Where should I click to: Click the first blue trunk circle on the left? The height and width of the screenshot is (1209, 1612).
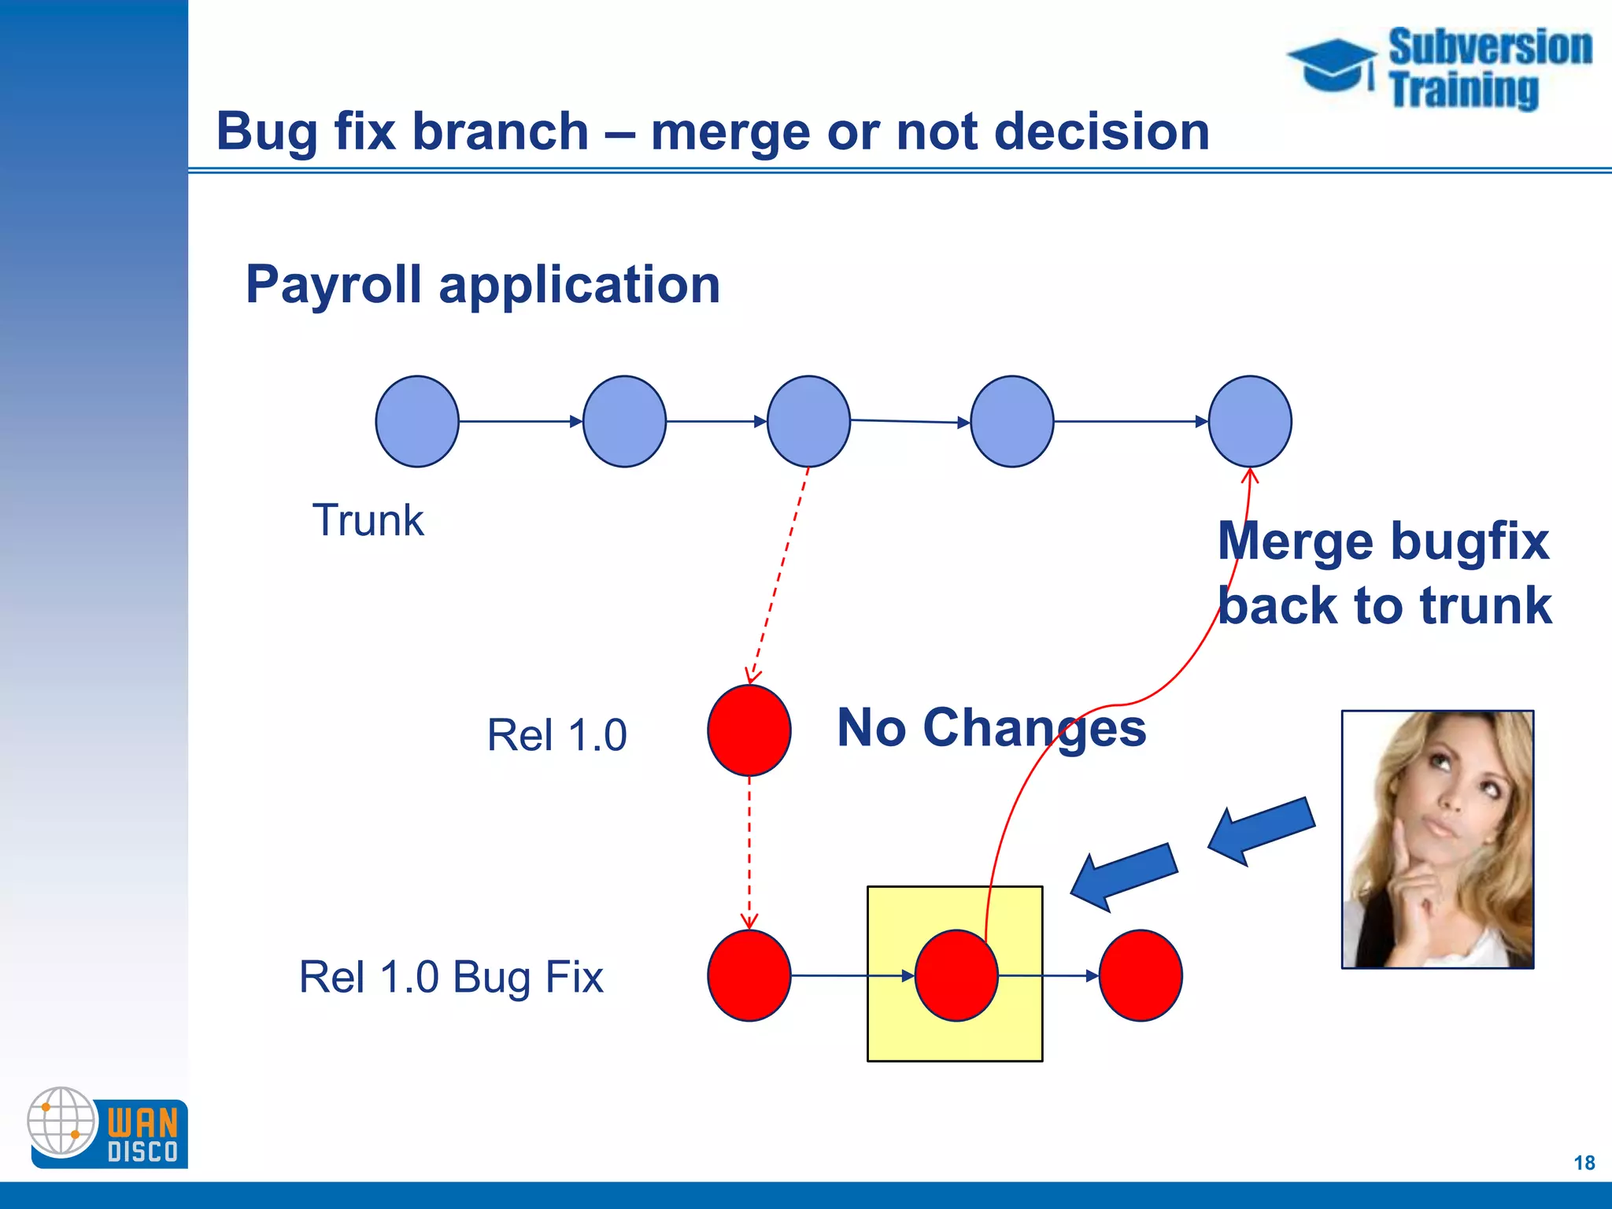pos(416,421)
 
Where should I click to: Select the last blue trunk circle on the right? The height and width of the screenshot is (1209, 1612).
pos(1249,421)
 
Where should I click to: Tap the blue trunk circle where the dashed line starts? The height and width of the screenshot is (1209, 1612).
pos(808,421)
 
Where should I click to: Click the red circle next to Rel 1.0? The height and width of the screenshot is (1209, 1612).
pos(749,730)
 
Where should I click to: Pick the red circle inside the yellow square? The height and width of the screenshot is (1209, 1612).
pos(956,975)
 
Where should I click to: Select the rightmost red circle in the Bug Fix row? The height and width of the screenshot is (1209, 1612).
pos(1140,975)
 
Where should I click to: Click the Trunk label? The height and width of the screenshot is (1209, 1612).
pos(368,520)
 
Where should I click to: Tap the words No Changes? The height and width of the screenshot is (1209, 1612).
pos(991,727)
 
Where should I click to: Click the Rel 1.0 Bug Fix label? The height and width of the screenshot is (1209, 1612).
pos(451,977)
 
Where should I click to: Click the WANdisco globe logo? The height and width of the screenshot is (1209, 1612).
pos(61,1122)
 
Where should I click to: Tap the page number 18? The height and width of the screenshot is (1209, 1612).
pos(1584,1163)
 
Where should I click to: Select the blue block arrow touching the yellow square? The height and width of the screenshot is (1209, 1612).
pos(1123,876)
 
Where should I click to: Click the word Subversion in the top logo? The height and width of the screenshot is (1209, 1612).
pos(1489,47)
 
